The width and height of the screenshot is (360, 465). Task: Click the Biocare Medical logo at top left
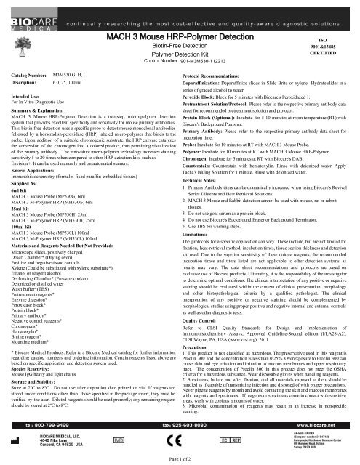[21, 14]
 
